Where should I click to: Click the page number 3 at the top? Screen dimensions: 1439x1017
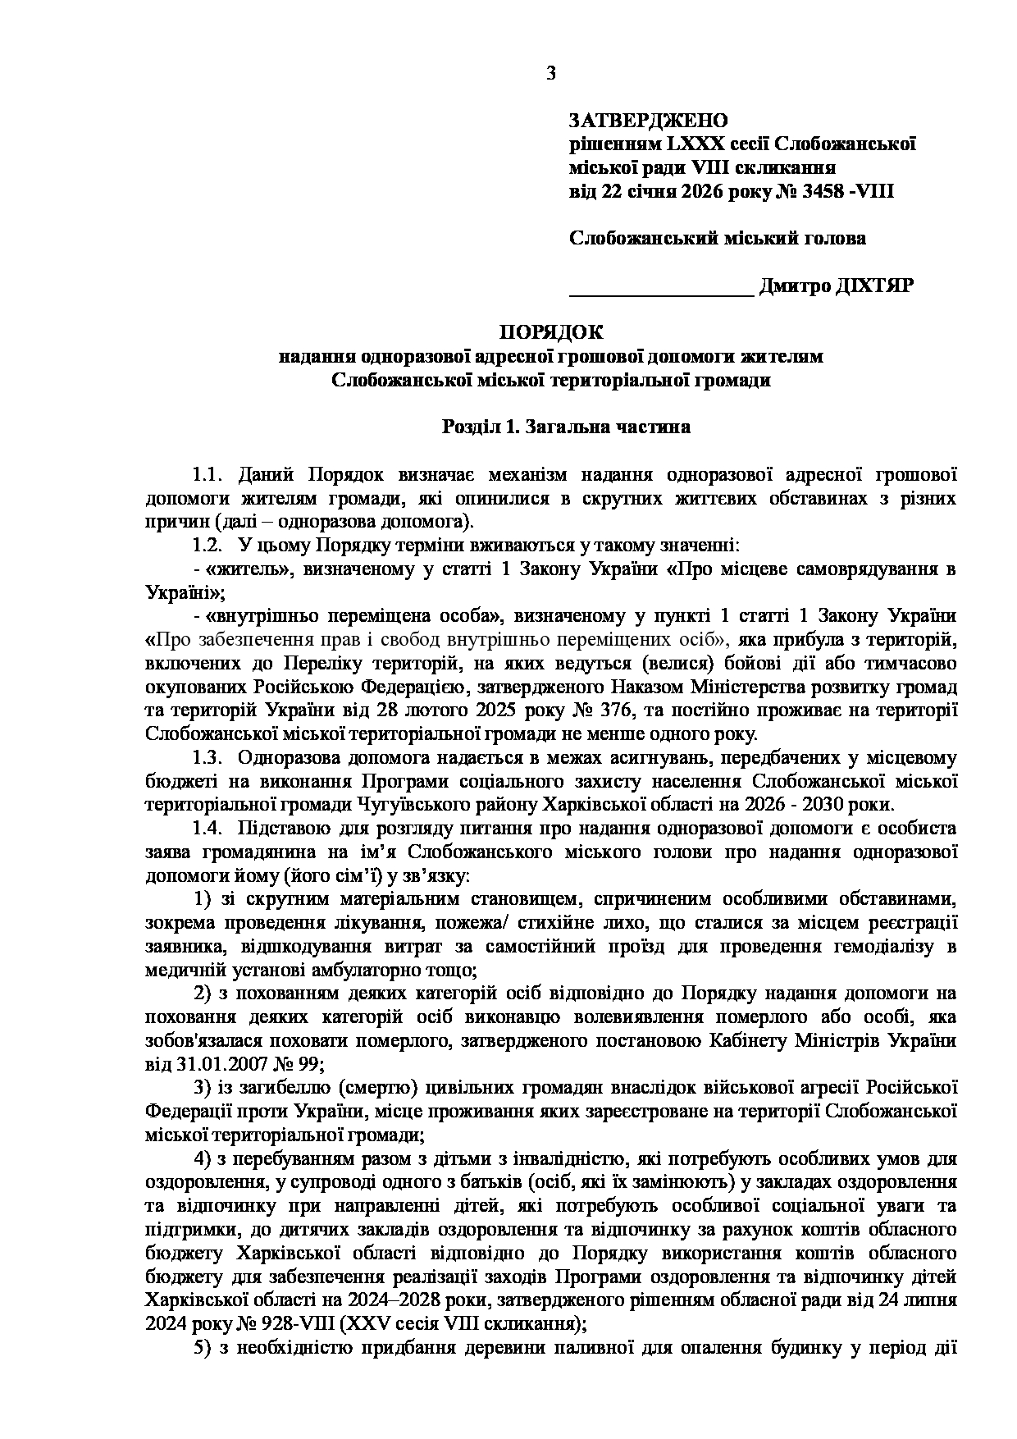pos(550,74)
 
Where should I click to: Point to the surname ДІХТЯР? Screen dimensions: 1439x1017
pos(873,286)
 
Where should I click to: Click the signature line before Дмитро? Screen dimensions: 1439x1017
pos(661,289)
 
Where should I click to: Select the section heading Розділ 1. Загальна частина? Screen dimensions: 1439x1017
pos(566,427)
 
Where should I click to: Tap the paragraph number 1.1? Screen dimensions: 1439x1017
pos(208,475)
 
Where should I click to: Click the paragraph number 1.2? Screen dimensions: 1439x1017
pos(208,546)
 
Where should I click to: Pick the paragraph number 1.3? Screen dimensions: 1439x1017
pos(208,757)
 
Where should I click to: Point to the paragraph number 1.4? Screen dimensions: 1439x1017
pos(208,829)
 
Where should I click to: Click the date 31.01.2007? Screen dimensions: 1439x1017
pos(223,1064)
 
